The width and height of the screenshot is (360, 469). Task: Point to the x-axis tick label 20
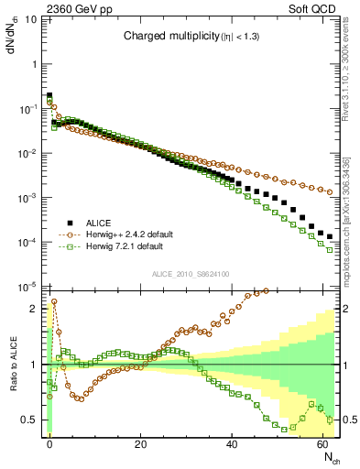(x=140, y=443)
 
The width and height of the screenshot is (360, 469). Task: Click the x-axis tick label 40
(x=232, y=443)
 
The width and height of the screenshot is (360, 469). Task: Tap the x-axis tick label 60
(x=322, y=443)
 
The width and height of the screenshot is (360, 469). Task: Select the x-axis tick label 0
(x=49, y=443)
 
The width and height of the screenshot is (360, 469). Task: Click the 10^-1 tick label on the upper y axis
(x=28, y=109)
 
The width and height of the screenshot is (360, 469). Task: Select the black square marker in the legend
(x=69, y=223)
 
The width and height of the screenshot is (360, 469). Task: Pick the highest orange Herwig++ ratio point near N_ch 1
(x=54, y=300)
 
